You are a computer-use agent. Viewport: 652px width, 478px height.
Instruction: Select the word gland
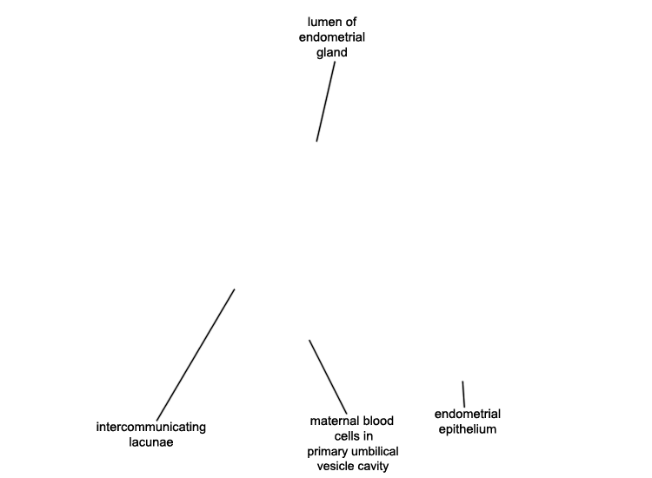332,53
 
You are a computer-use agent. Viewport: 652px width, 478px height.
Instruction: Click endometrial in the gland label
332,37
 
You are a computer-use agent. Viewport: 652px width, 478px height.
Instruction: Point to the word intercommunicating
151,428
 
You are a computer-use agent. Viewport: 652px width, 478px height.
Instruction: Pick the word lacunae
151,441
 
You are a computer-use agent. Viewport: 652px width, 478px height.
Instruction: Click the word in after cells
369,436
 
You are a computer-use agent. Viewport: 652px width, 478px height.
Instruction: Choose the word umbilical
375,451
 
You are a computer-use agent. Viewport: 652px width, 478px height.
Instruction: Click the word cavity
374,467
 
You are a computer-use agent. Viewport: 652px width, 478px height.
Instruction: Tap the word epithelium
468,430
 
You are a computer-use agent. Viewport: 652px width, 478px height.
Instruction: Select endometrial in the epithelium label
468,414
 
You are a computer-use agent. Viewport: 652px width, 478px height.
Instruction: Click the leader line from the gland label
326,102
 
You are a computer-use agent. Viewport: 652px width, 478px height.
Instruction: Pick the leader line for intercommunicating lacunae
196,355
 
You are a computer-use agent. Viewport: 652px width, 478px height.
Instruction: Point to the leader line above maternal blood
328,377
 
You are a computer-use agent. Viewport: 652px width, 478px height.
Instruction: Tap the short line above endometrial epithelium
463,394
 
